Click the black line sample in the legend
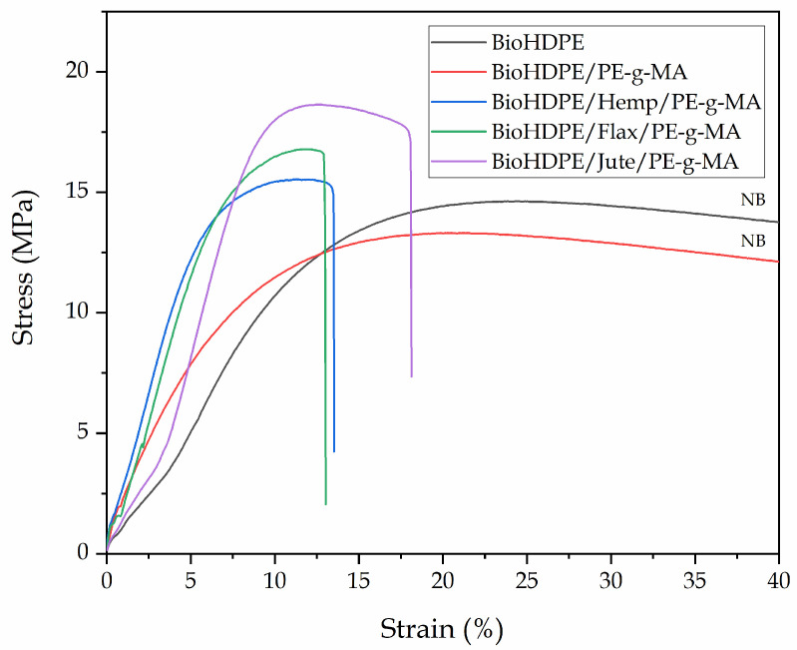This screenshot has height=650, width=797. coord(455,43)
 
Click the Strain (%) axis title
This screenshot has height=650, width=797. coord(441,629)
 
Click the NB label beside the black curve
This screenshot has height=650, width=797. coord(752,200)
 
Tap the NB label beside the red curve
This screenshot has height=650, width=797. coord(752,242)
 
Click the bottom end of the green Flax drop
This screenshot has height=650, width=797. coord(326,504)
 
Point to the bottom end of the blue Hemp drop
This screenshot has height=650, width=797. coord(334,451)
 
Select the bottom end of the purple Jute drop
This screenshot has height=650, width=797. coord(412,376)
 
